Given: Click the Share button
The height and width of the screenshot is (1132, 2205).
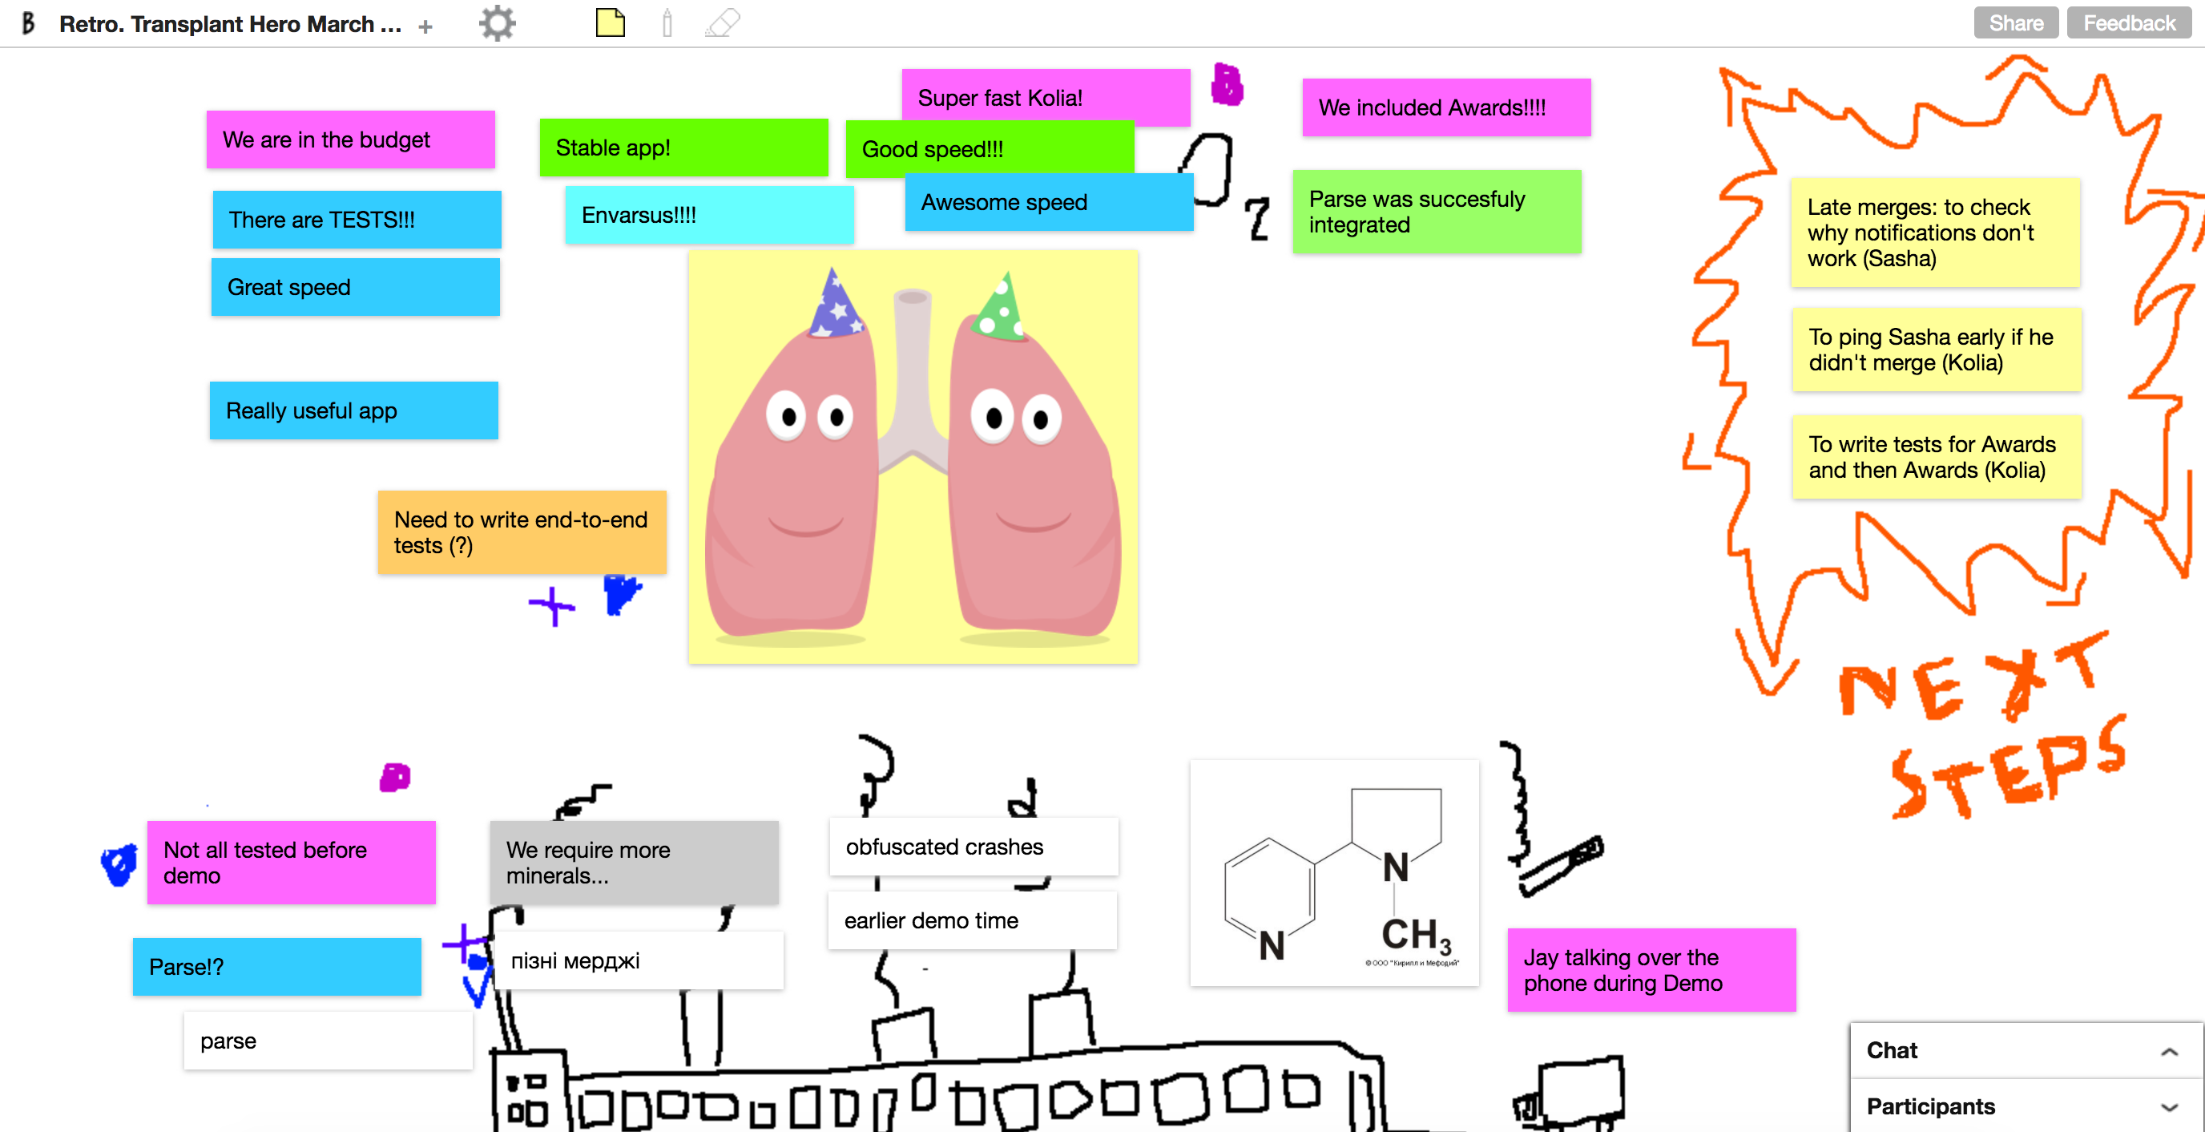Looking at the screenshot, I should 2015,23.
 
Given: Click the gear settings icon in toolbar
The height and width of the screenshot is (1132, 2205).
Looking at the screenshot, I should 498,23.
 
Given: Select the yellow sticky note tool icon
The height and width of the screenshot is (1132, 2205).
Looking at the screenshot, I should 611,22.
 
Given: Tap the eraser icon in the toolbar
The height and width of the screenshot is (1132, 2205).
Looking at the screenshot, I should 723,22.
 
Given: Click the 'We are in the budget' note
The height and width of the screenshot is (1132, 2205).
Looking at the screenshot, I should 350,139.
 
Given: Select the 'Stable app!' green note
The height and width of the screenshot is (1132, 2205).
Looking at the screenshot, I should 683,148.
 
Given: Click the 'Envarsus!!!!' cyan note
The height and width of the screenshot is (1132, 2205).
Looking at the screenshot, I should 709,215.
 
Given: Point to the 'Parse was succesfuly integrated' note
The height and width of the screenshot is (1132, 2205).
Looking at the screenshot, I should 1437,212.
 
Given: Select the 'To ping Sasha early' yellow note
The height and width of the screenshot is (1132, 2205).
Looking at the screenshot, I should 1937,350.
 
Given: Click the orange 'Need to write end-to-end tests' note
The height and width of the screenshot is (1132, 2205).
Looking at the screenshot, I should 522,532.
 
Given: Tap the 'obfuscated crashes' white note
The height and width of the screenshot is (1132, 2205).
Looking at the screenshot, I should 974,846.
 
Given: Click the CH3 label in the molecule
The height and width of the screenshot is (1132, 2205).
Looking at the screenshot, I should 1415,935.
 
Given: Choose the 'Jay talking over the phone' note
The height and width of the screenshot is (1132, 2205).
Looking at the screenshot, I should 1651,969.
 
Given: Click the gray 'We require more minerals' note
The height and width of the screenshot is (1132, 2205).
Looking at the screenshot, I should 634,863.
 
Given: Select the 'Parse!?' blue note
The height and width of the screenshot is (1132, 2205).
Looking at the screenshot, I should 276,966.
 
